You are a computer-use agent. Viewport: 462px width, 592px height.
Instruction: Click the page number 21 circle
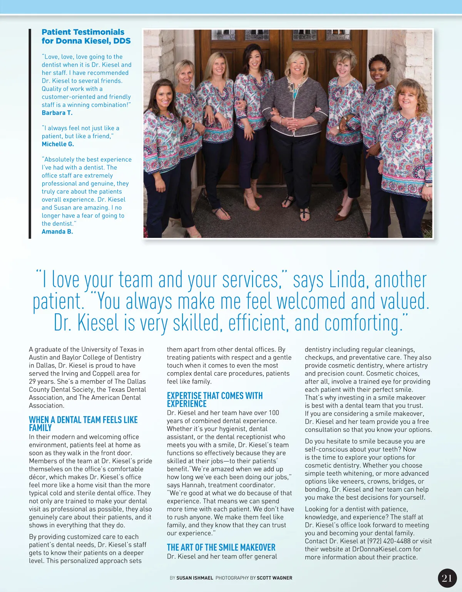point(447,578)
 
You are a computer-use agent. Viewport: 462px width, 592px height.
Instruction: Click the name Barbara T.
point(57,113)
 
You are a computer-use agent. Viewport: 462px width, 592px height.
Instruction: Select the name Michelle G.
point(58,144)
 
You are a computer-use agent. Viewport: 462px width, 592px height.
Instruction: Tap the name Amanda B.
point(57,231)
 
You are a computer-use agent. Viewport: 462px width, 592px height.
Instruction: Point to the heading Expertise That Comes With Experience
point(214,400)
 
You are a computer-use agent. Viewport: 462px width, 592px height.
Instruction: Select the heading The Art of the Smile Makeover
point(221,547)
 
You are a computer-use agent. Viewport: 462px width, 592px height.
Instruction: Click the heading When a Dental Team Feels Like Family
point(83,423)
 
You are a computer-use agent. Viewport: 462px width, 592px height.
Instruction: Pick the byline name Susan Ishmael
point(194,578)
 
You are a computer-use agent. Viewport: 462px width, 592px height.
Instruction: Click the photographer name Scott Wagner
point(274,578)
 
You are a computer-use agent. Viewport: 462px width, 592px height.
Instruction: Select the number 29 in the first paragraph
point(33,381)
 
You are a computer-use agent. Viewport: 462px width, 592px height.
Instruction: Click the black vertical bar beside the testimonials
point(30,133)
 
